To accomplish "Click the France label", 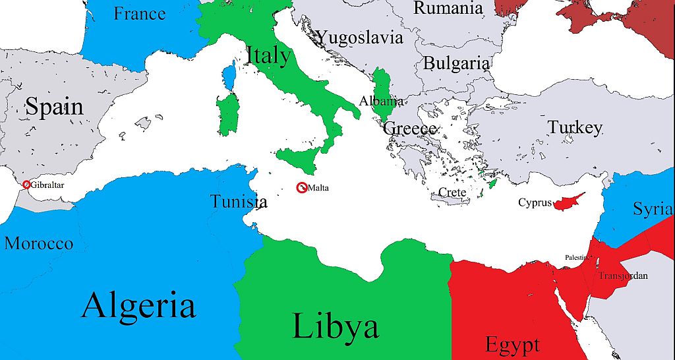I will (139, 13).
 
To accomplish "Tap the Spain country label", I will (55, 107).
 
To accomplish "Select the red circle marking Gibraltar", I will (26, 185).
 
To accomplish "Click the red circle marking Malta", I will (301, 188).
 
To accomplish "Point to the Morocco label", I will (38, 243).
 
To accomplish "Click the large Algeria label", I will (138, 306).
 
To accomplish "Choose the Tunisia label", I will (239, 201).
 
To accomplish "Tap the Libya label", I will (336, 326).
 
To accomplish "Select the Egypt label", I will (512, 344).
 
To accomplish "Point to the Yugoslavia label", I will (359, 36).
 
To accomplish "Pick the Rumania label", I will (448, 8).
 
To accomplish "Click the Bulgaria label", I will (456, 63).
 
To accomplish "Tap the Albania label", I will (381, 101).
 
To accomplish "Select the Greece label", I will (410, 128).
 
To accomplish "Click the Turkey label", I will (575, 127).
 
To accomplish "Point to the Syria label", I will (653, 209).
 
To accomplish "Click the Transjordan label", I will (623, 276).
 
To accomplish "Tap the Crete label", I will (452, 193).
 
